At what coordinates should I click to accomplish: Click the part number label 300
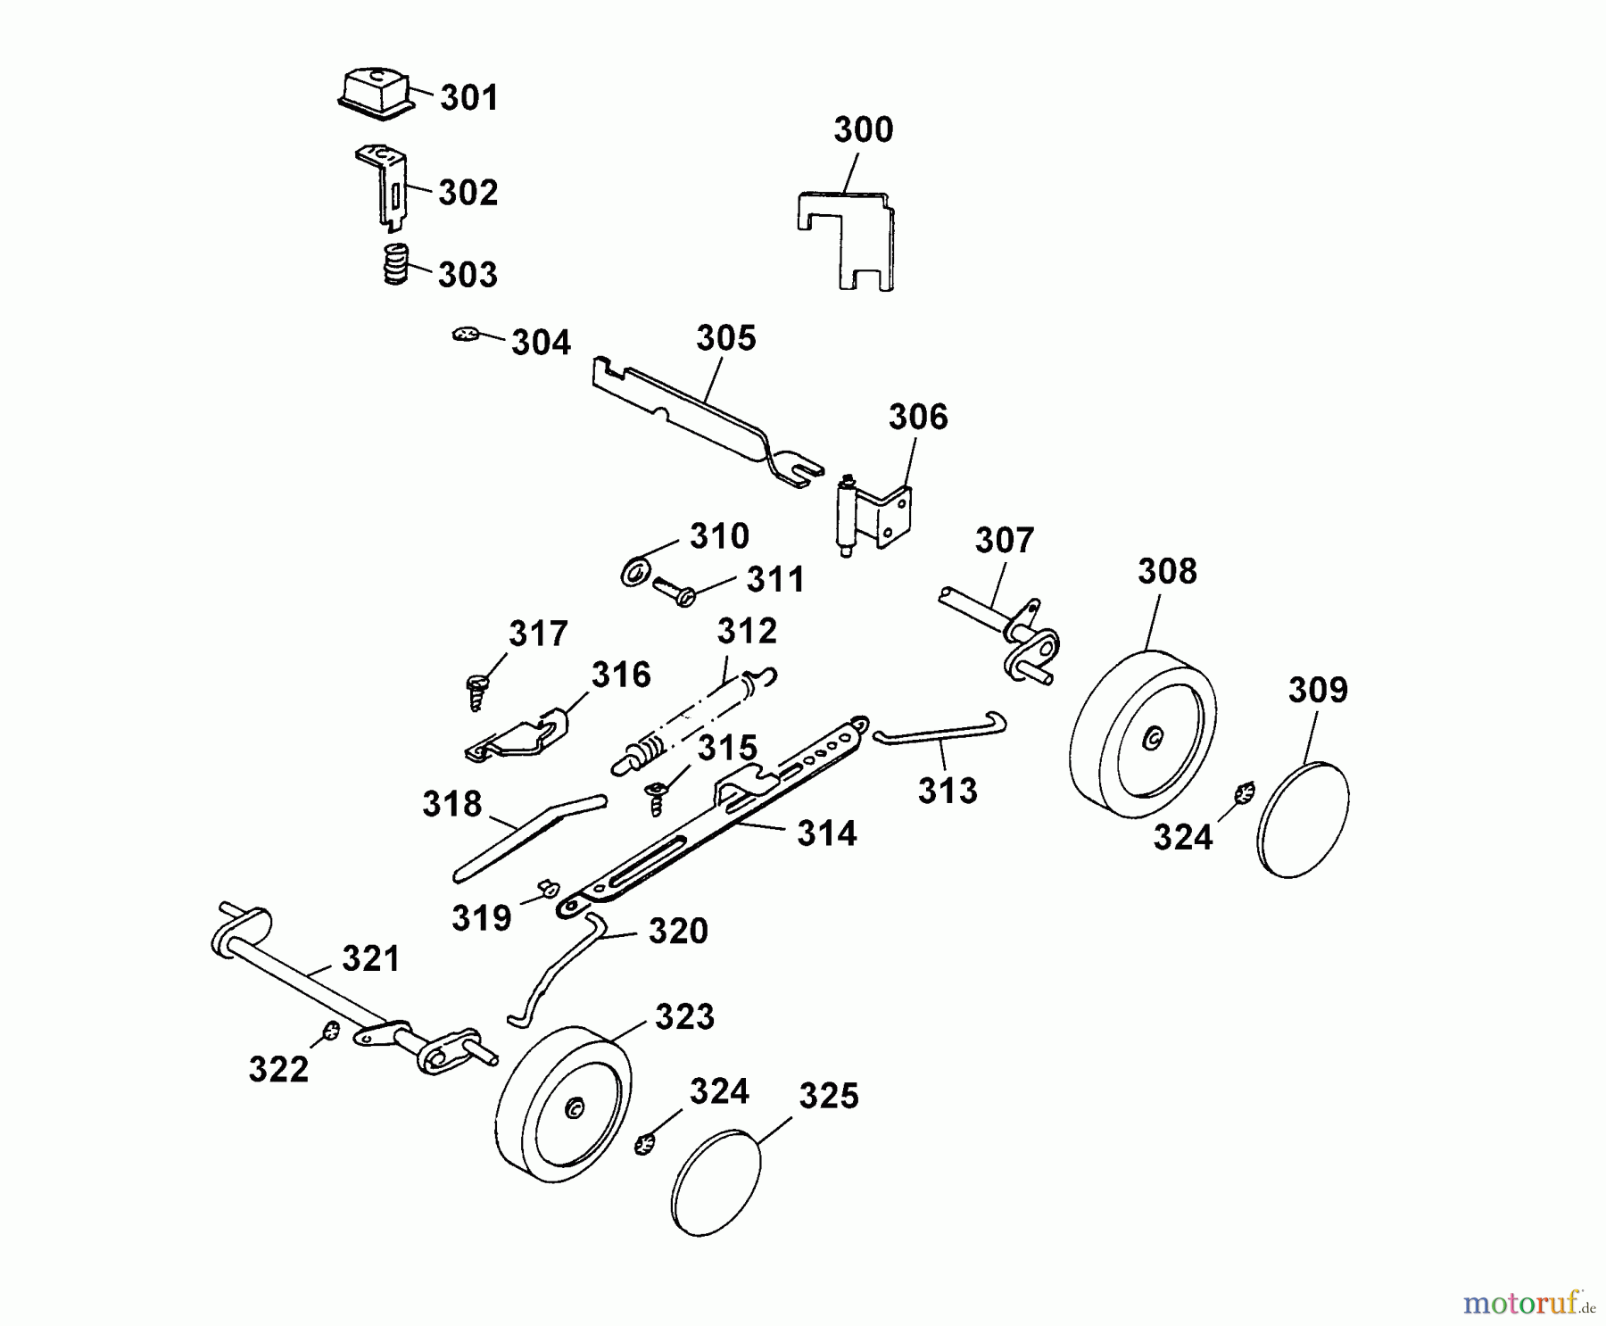point(863,130)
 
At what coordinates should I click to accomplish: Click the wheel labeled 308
point(1143,732)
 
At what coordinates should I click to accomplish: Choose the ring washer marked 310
point(634,573)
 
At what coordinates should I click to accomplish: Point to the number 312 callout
point(747,632)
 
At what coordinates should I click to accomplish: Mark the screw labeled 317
point(476,691)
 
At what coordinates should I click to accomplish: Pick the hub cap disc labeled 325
point(716,1182)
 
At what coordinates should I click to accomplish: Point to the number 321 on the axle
point(371,959)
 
